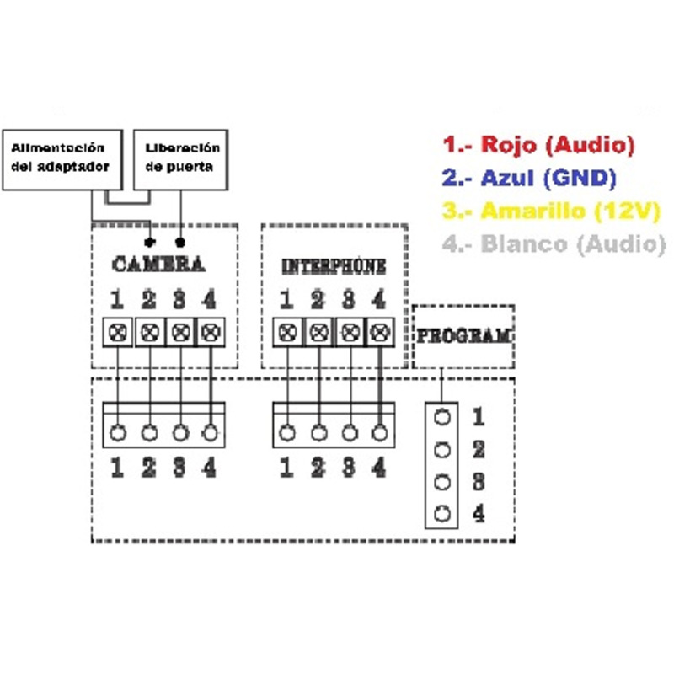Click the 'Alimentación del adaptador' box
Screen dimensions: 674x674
click(x=62, y=158)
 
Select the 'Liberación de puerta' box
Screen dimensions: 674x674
click(x=182, y=158)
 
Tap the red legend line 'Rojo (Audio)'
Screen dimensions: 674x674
click(x=538, y=145)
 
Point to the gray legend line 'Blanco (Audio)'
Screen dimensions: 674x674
click(x=548, y=243)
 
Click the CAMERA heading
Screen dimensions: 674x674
click(x=158, y=265)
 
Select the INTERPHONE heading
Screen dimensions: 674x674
click(x=334, y=267)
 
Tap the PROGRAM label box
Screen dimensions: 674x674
click(x=463, y=335)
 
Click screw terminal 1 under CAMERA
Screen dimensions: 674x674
click(x=118, y=332)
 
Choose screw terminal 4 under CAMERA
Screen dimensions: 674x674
click(x=210, y=332)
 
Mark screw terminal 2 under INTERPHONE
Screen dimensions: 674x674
click(x=318, y=332)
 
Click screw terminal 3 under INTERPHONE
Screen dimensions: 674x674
click(x=350, y=332)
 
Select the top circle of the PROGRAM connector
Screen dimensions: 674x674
click(x=440, y=417)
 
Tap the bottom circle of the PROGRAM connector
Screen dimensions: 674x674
click(x=440, y=513)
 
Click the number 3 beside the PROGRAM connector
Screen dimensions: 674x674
click(x=478, y=482)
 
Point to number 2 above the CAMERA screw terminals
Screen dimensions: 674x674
click(x=149, y=299)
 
